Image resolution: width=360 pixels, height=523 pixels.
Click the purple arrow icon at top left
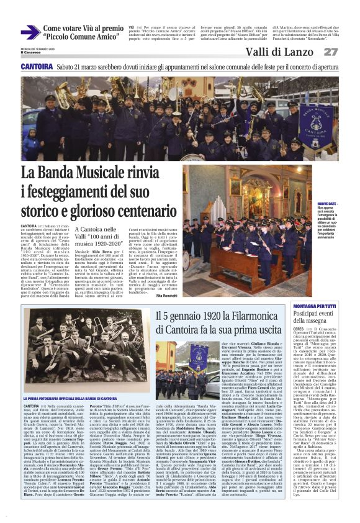point(30,32)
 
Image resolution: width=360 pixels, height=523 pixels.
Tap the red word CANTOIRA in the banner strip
point(37,66)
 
